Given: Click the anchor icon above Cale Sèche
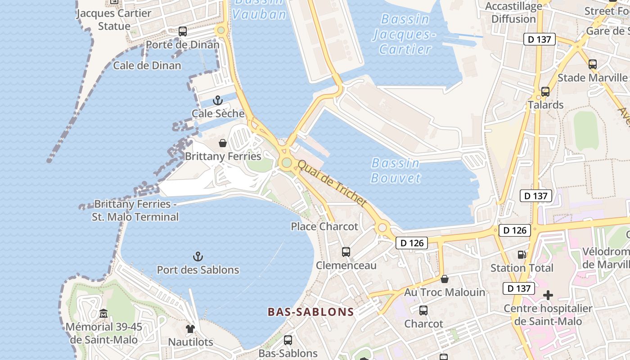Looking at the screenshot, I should [218, 100].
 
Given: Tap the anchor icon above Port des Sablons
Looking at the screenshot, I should [198, 256].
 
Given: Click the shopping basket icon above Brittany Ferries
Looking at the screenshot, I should [222, 143].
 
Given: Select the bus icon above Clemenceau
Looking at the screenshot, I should [346, 252].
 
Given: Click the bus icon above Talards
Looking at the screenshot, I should [545, 92].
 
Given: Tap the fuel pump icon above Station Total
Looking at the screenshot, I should [522, 255].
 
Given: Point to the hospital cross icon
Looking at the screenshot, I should [548, 295].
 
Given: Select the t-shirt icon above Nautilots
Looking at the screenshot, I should [190, 329].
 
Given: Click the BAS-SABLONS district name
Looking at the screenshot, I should [310, 312].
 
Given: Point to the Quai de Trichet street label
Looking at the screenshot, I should [332, 184].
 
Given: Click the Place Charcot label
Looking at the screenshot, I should [324, 226].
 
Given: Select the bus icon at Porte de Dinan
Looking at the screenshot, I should [182, 31].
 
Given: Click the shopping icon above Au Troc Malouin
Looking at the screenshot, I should [445, 279].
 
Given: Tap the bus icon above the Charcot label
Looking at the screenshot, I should [423, 310].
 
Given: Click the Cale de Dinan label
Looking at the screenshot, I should [147, 66].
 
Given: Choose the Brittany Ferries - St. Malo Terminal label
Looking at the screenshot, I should [135, 211].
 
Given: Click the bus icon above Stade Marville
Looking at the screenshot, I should [592, 64].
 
